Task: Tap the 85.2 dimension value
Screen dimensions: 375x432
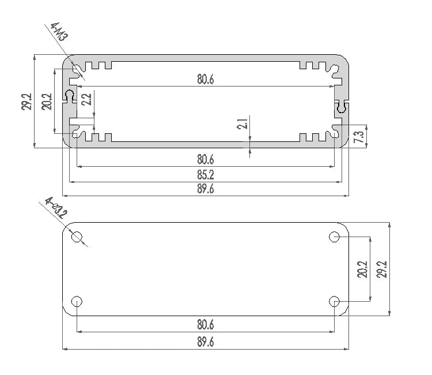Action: [205, 174]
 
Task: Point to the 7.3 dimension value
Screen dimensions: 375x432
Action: [358, 137]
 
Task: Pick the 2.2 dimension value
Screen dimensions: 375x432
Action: [86, 99]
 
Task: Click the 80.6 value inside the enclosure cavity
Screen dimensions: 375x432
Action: [205, 80]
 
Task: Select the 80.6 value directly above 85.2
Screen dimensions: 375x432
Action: [205, 159]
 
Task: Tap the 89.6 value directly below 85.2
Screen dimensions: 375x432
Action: [205, 189]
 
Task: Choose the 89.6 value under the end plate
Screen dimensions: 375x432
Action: [205, 342]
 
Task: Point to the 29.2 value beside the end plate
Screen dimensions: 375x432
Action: [382, 269]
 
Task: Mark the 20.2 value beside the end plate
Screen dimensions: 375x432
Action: [362, 269]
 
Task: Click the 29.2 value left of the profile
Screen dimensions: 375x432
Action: [26, 102]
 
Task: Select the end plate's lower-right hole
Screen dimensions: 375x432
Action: [335, 301]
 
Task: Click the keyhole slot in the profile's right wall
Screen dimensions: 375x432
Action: [342, 107]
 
